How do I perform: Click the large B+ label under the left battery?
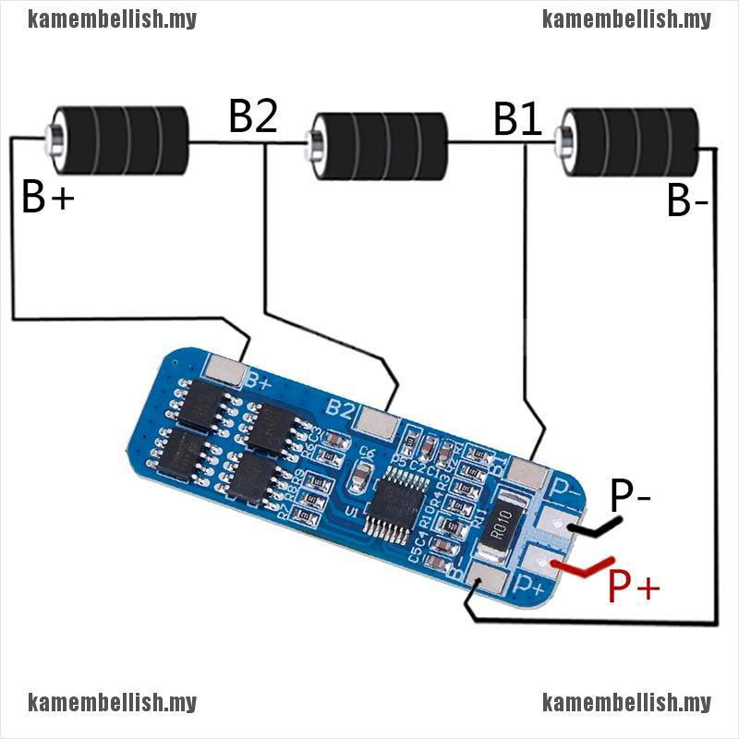tap(47, 198)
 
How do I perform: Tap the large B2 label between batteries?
tap(253, 117)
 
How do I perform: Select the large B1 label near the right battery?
tap(517, 120)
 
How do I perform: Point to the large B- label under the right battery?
tap(688, 201)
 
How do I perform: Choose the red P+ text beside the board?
tap(634, 586)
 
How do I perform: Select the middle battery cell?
tap(379, 145)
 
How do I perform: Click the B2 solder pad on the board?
tap(377, 422)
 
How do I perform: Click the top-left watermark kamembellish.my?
tap(112, 18)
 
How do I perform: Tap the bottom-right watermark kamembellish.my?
tap(626, 703)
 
